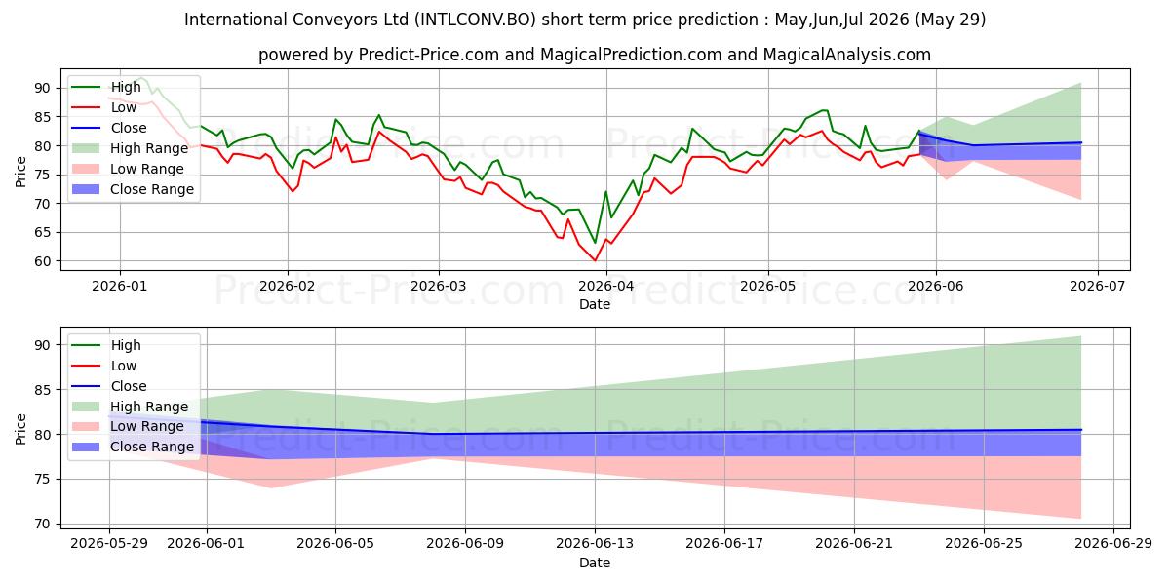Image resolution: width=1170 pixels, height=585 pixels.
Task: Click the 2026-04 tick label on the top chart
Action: (605, 287)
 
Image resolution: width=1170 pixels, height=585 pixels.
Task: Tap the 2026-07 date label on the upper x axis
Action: (1098, 287)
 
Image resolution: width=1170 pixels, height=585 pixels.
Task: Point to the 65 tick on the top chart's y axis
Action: (42, 232)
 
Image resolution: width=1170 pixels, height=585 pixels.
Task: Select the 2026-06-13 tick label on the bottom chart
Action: (595, 544)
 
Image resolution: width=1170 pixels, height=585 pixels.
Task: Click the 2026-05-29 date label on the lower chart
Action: (109, 544)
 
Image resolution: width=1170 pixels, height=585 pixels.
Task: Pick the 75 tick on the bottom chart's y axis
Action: (42, 480)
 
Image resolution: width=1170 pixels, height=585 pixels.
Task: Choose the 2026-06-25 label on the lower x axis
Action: (984, 544)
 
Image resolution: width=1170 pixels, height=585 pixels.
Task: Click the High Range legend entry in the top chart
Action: (130, 148)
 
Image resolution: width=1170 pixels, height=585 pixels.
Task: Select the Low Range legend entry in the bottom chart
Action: (128, 426)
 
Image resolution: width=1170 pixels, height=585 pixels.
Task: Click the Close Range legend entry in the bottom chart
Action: (133, 447)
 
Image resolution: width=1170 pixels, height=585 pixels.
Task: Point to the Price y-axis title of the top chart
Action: (20, 172)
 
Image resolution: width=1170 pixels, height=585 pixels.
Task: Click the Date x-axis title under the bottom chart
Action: (595, 563)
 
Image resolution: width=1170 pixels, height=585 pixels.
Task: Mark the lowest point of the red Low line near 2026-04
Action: (595, 260)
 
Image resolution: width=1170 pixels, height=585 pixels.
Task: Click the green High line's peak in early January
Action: (140, 78)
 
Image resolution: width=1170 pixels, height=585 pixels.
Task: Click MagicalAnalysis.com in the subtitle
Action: (846, 55)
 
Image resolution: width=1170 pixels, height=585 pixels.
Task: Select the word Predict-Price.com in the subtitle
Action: (428, 55)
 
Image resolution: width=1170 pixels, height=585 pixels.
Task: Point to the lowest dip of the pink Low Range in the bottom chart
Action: (271, 487)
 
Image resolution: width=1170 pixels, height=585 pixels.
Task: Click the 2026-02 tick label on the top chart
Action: (288, 287)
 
